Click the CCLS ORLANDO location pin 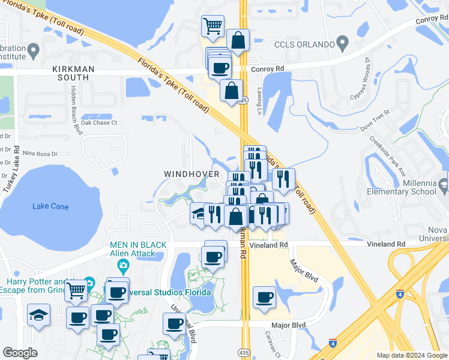[x=343, y=43]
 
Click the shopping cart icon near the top [x=212, y=26]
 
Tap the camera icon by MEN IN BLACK [x=122, y=266]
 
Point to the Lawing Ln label [x=260, y=101]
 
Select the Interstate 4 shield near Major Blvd [x=333, y=343]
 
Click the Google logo [x=20, y=353]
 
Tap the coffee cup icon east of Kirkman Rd [x=264, y=297]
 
